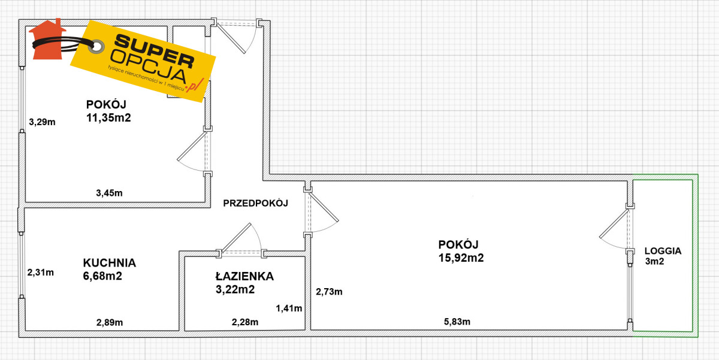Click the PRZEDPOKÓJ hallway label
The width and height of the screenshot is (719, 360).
[x=255, y=203]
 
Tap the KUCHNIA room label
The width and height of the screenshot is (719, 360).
[x=110, y=263]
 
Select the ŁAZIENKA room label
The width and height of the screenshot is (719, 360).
[x=244, y=276]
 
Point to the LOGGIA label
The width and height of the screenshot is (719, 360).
[x=663, y=251]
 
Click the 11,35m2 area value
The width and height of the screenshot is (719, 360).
[x=108, y=118]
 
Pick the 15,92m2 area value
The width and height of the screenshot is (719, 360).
[x=461, y=258]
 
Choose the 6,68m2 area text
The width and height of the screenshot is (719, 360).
[x=102, y=276]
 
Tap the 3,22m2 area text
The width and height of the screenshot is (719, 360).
[x=235, y=289]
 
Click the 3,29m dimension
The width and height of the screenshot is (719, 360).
[x=42, y=122]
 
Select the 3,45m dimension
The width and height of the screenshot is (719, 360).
[x=109, y=193]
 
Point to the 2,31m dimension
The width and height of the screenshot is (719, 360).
[x=41, y=273]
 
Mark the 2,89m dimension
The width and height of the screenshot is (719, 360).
[x=110, y=322]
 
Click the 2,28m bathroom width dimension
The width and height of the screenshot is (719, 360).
[x=245, y=322]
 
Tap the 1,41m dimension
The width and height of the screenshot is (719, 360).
[x=289, y=308]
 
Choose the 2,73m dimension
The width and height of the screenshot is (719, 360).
[x=329, y=292]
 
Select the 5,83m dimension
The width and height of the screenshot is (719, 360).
[x=457, y=322]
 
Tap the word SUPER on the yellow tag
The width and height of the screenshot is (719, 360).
[x=154, y=52]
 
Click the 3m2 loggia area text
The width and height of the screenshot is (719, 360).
[x=654, y=262]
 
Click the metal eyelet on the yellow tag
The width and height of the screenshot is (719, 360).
[x=96, y=47]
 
